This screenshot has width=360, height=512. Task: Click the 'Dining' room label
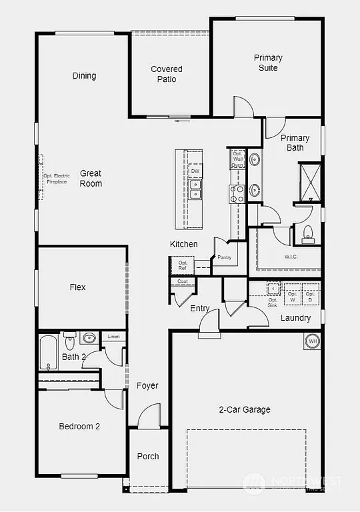(x=84, y=76)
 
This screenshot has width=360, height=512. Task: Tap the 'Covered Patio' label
(x=167, y=74)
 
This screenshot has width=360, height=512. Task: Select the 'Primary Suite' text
(x=268, y=63)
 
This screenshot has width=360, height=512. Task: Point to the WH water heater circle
(x=312, y=342)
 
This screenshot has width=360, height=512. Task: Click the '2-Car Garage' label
(x=245, y=409)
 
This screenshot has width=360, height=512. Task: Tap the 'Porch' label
(x=148, y=456)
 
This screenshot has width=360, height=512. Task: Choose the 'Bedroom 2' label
(x=79, y=427)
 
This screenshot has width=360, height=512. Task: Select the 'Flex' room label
(x=78, y=287)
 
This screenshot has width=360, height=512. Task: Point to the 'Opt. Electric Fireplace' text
(x=57, y=179)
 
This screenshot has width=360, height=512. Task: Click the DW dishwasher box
(x=195, y=171)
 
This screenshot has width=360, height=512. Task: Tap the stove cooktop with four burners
(x=237, y=194)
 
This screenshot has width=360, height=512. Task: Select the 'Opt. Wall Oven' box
(x=237, y=159)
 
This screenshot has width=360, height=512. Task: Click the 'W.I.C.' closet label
(x=291, y=256)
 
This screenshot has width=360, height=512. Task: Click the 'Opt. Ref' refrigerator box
(x=183, y=265)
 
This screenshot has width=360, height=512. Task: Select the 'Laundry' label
(x=295, y=318)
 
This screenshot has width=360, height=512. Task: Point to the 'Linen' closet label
(x=113, y=337)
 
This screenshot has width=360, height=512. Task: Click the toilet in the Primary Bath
(x=307, y=234)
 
